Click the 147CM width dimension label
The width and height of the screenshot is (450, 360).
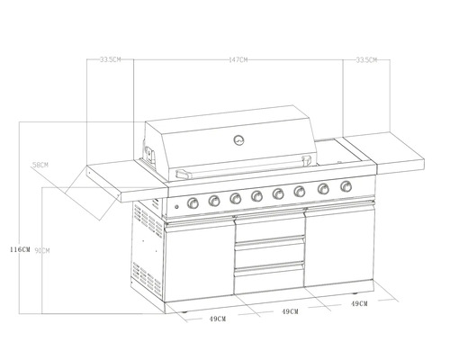click(238, 59)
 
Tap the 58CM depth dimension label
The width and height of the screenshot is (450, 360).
click(40, 166)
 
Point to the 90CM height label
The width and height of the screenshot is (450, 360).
click(40, 250)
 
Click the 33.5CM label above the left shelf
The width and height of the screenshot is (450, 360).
click(111, 59)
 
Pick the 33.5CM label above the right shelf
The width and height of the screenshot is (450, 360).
click(366, 59)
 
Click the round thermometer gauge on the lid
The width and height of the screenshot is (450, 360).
click(238, 139)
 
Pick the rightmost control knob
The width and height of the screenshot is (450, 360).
click(346, 187)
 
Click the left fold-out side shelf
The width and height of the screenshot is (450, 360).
click(121, 180)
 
